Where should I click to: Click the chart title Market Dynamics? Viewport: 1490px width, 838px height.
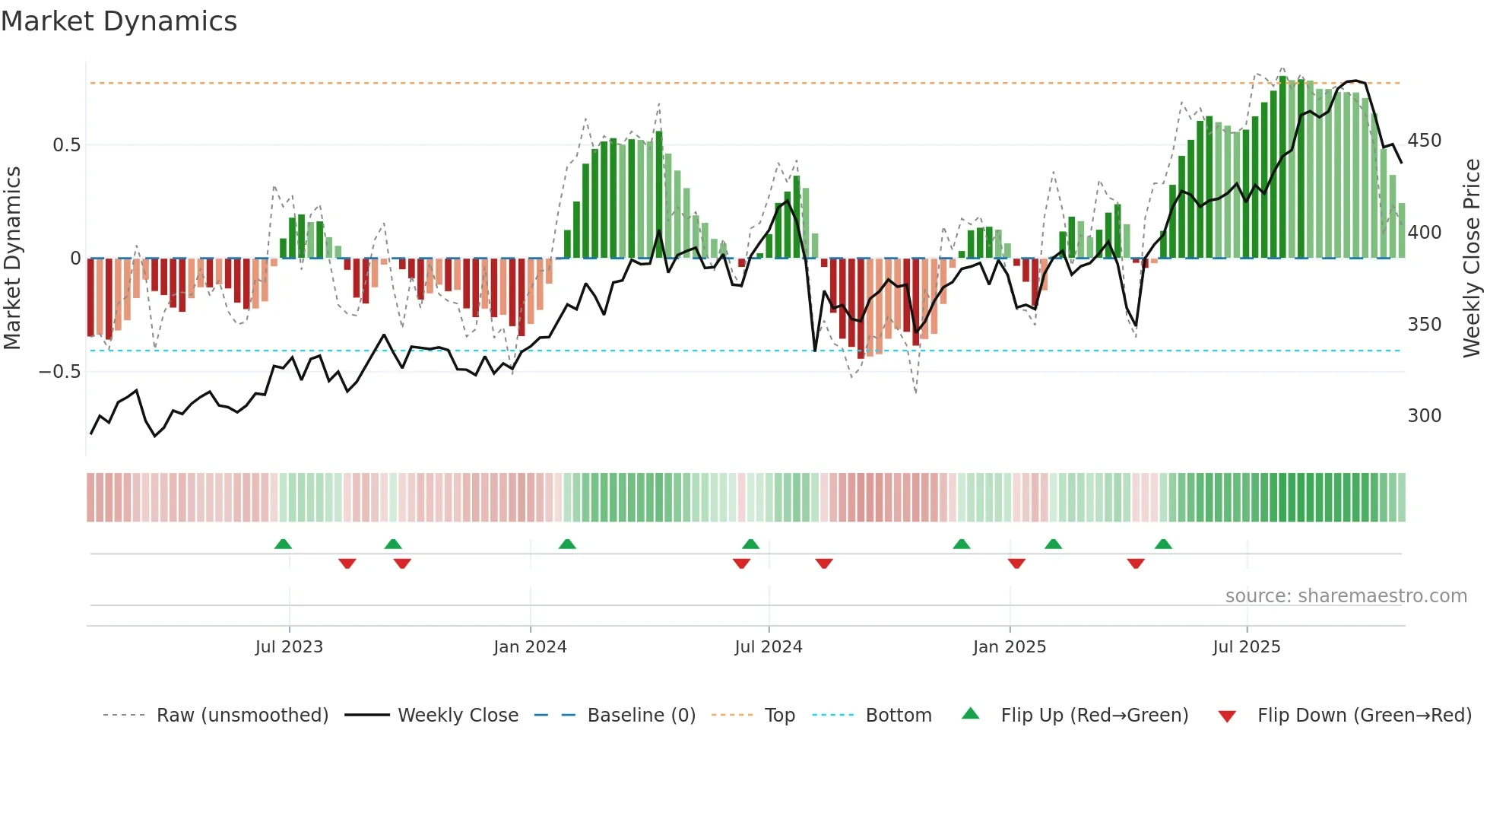(x=119, y=21)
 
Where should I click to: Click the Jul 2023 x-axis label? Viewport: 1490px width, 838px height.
(x=289, y=647)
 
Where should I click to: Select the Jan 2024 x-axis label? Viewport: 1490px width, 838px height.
(x=530, y=647)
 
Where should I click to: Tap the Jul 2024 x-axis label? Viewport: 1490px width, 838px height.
(x=768, y=647)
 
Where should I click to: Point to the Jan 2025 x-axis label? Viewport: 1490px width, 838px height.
(x=1009, y=647)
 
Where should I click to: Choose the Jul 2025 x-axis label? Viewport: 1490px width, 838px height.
(x=1246, y=647)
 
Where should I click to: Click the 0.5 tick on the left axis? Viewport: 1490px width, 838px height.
(x=66, y=145)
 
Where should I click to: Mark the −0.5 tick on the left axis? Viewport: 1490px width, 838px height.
(x=60, y=372)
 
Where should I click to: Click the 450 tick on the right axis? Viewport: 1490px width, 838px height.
(x=1424, y=141)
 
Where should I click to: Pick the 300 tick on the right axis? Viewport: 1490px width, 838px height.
(x=1424, y=416)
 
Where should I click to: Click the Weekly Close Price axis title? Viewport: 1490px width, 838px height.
(x=1473, y=259)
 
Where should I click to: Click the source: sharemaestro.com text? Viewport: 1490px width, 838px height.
(x=1346, y=596)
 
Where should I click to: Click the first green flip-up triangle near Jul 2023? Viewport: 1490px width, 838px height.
(x=283, y=544)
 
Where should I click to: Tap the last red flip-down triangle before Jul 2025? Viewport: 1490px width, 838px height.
(x=1136, y=563)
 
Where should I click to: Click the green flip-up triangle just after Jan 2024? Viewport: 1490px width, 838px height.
(x=567, y=544)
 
